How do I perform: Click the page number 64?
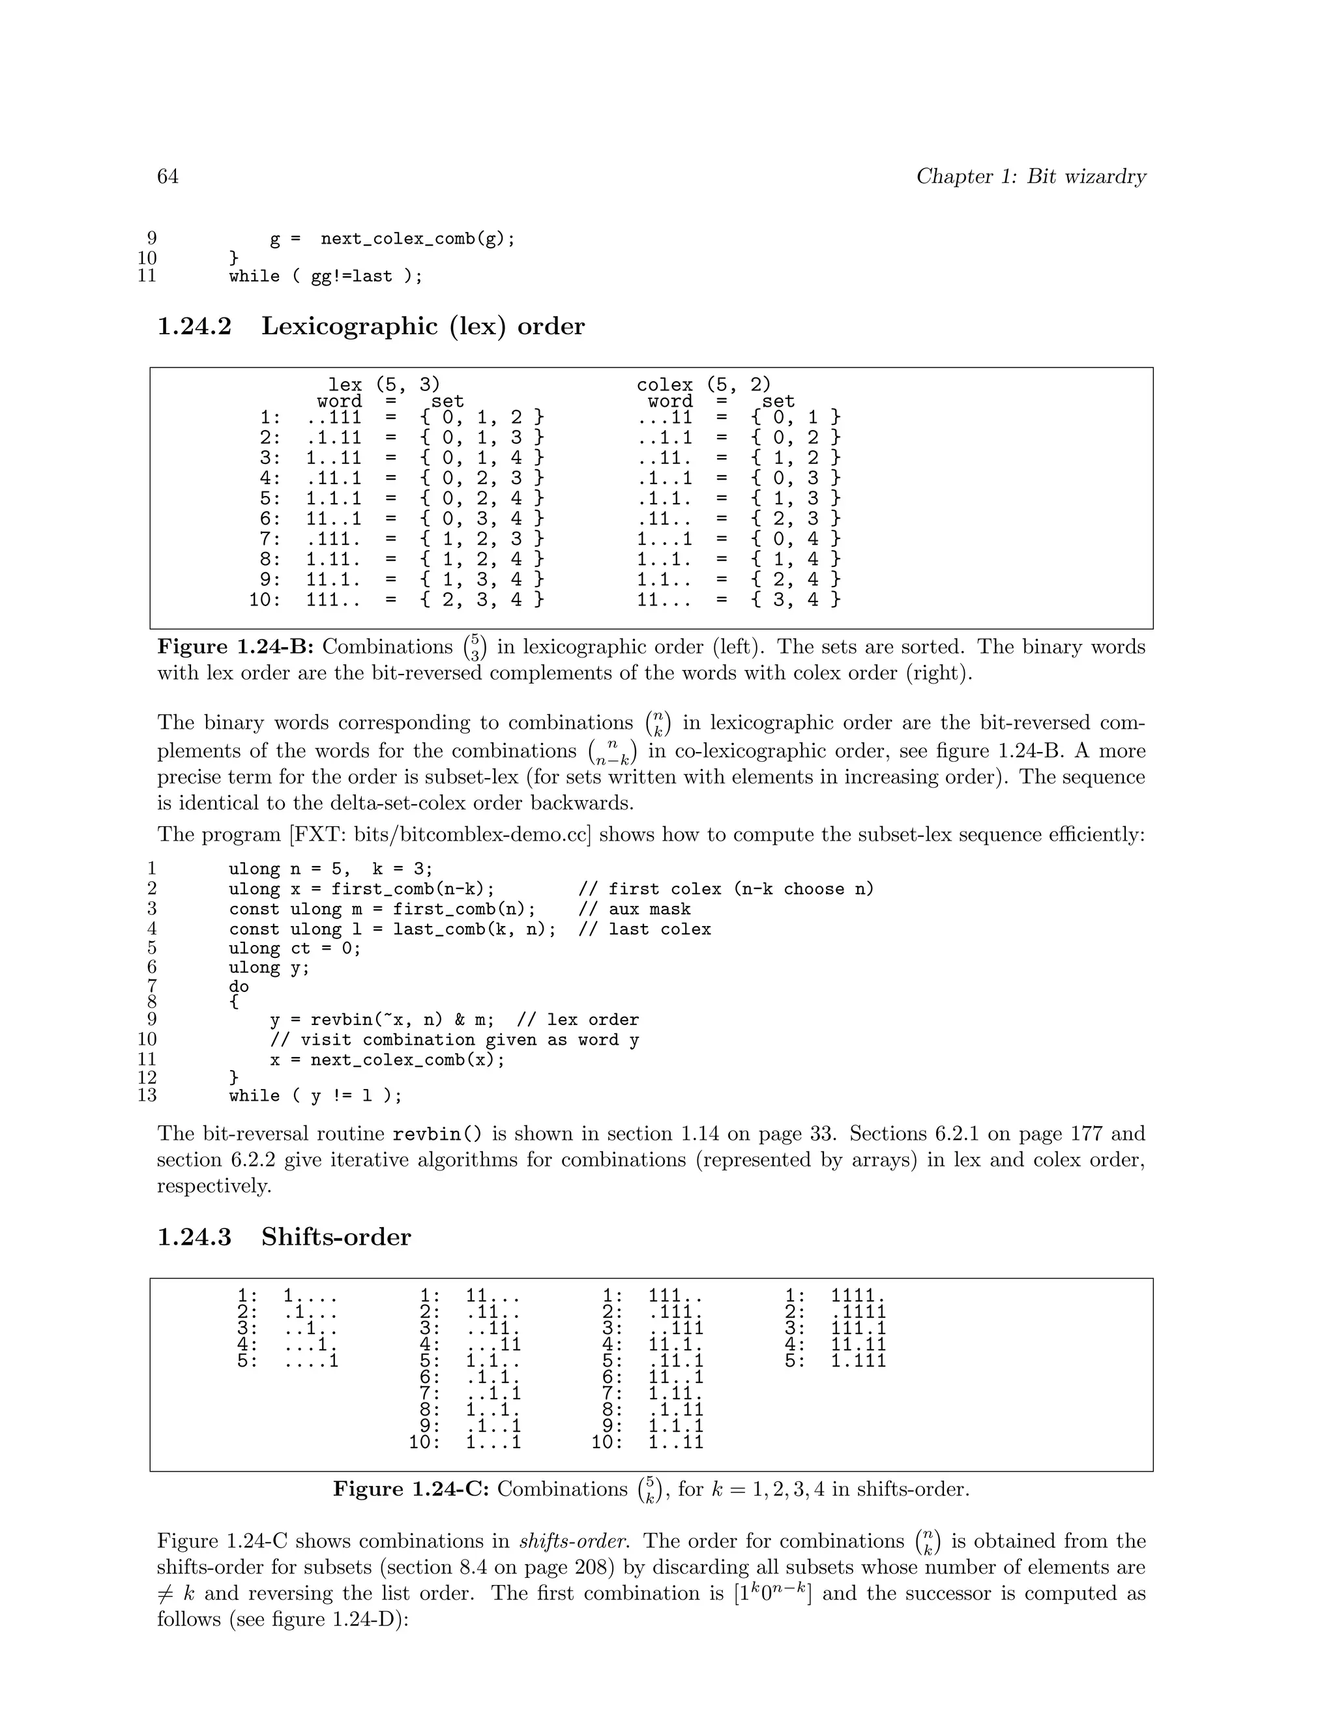(168, 177)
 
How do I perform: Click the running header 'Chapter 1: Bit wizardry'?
(1031, 177)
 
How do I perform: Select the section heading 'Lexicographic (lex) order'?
(422, 326)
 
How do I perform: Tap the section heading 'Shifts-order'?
(336, 1237)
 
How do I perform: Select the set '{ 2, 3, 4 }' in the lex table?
(482, 600)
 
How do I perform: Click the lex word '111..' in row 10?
(334, 600)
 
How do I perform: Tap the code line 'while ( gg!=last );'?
(325, 276)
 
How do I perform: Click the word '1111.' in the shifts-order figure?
(858, 1296)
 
